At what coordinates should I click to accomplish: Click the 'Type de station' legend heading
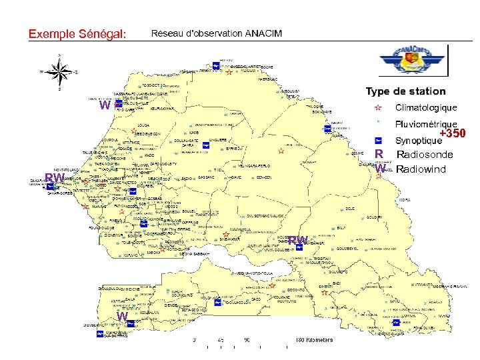click(405, 91)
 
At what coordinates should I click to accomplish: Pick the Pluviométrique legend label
click(426, 124)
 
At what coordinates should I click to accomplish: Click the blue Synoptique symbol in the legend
click(377, 141)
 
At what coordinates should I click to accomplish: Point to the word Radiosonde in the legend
click(425, 155)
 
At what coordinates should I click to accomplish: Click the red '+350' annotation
click(452, 134)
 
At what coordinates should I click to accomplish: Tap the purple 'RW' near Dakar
click(53, 178)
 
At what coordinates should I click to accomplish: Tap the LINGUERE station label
click(218, 140)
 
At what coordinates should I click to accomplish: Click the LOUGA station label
click(143, 125)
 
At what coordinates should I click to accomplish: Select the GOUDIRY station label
click(374, 217)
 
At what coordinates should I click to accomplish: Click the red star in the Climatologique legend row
click(377, 107)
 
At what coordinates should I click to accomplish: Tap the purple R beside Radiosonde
click(378, 155)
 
